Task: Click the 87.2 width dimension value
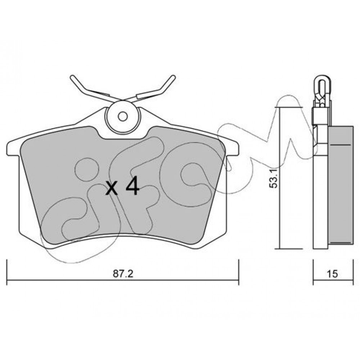tap(123, 274)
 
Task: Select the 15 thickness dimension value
tap(333, 274)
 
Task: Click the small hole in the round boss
tap(123, 116)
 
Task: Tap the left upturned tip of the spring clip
tap(72, 77)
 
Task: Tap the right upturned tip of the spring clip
tap(174, 77)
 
